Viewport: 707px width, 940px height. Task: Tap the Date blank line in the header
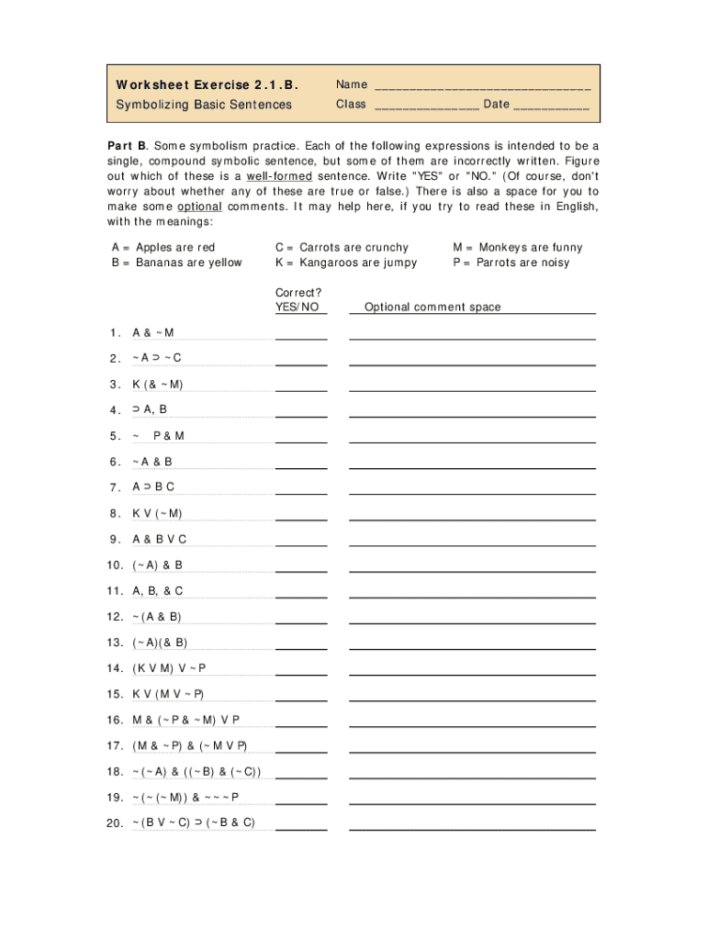coord(551,106)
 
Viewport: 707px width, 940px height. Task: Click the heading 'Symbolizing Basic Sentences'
coord(204,105)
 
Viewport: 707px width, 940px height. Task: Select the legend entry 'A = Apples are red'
coord(163,247)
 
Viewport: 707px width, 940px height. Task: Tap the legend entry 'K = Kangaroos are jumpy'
coord(345,263)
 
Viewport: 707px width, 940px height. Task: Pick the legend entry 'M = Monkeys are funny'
coord(518,247)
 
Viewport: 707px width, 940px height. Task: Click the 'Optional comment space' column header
coord(432,308)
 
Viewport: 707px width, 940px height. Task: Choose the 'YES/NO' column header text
coord(297,308)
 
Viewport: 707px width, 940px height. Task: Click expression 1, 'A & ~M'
coord(153,332)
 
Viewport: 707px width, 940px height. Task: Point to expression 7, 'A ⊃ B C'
coord(153,487)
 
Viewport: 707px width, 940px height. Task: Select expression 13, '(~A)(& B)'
coord(160,643)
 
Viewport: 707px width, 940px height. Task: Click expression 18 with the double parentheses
coord(196,771)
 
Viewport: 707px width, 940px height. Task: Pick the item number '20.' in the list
coord(115,823)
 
